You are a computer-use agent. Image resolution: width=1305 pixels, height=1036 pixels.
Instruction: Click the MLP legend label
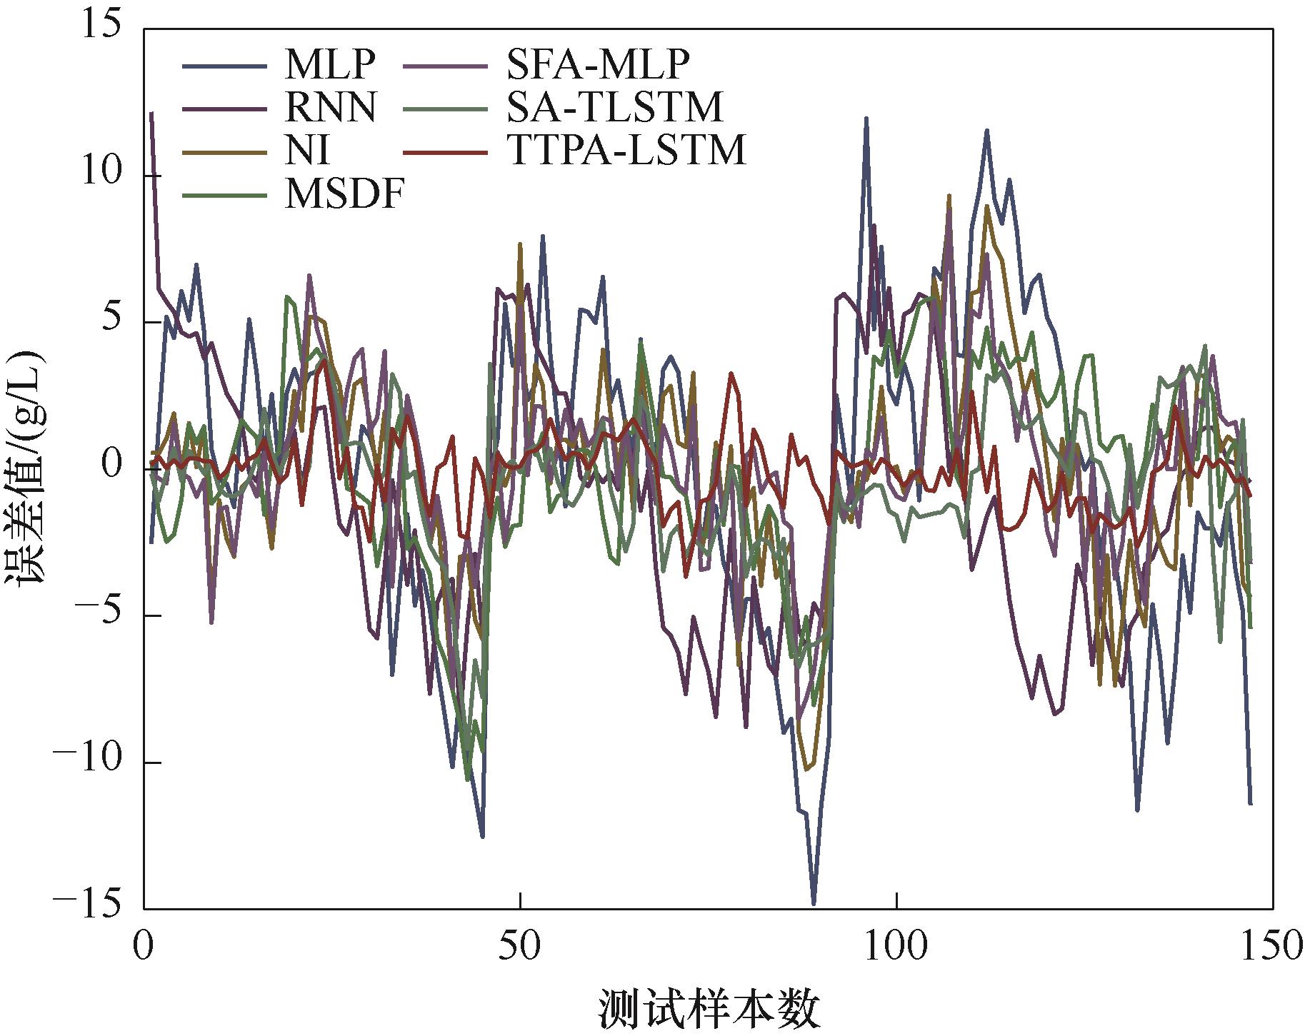click(329, 65)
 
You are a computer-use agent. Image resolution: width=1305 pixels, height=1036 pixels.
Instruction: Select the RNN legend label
click(331, 108)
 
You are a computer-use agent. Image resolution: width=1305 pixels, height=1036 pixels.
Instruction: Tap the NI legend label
click(308, 151)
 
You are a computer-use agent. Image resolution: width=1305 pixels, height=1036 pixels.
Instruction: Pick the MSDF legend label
click(344, 193)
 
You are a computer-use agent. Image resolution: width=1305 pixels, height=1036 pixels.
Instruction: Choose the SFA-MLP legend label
click(599, 65)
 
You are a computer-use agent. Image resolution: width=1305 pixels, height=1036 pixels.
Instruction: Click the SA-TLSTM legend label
click(615, 108)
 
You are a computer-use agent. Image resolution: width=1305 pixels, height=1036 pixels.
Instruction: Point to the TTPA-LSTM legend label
click(626, 151)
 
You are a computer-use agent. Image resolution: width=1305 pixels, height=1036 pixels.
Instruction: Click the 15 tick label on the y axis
click(100, 29)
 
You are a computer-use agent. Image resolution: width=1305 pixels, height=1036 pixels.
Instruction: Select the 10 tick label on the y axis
click(100, 176)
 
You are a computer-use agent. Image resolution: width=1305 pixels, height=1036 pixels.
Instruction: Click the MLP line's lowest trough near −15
click(814, 904)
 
